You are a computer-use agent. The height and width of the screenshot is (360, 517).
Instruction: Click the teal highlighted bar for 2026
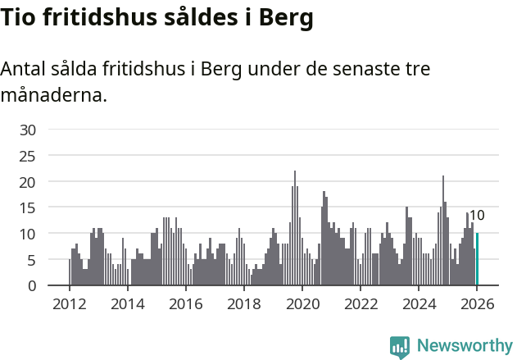pos(477,259)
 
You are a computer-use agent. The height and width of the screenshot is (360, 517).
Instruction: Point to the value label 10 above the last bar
pos(476,216)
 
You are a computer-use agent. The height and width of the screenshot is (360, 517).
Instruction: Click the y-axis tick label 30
pos(28,130)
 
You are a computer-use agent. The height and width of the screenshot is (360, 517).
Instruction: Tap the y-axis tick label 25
pos(28,156)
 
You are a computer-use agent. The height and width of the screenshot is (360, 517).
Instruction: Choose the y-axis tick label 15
pos(28,207)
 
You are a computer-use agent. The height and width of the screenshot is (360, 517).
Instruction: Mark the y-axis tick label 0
pos(32,285)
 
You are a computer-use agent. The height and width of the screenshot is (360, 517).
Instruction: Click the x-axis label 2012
pos(70,303)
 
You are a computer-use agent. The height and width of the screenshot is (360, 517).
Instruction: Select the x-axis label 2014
pos(128,303)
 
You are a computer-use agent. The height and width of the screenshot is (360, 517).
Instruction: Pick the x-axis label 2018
pos(244,303)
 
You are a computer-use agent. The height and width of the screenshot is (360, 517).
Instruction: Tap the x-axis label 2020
pos(302,303)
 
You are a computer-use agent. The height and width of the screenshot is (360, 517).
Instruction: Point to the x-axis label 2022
pos(361,303)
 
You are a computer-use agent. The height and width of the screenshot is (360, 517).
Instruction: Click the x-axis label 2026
pos(477,303)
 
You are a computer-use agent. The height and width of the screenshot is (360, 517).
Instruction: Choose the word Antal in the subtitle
pos(24,69)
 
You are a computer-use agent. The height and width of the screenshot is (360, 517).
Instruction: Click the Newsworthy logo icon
pos(400,347)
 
